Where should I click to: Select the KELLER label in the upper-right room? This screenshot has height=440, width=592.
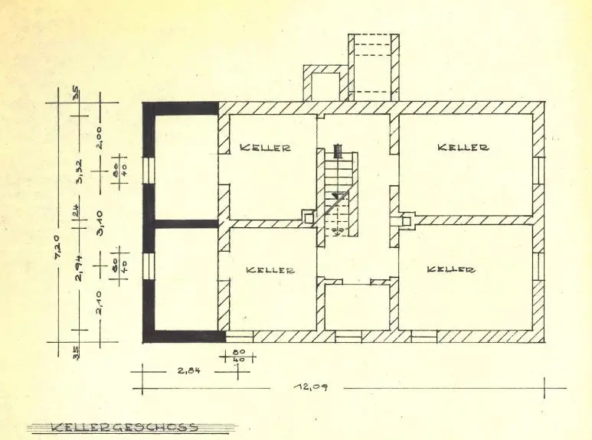pyautogui.click(x=463, y=147)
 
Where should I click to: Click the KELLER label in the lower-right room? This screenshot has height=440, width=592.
pyautogui.click(x=450, y=269)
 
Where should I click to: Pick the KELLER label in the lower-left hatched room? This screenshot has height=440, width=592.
pyautogui.click(x=270, y=270)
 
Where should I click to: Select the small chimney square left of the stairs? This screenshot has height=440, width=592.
pyautogui.click(x=308, y=218)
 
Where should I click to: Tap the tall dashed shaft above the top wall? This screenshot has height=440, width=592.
pyautogui.click(x=373, y=65)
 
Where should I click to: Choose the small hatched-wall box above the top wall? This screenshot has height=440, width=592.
pyautogui.click(x=325, y=84)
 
